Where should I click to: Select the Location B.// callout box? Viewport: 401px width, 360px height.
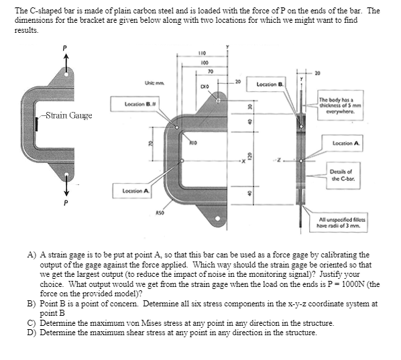[x=140, y=104]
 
